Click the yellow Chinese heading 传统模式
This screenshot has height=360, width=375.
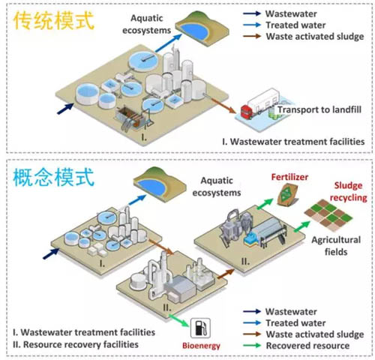tap(54, 21)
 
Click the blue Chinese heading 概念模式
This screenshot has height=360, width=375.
tap(54, 177)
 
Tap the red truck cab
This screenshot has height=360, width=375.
tap(246, 112)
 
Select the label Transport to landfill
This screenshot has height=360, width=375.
tap(319, 109)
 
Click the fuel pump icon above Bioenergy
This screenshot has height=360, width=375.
tap(200, 328)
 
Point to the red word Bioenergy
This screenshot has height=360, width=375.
tap(201, 346)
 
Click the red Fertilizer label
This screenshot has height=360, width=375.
tap(289, 177)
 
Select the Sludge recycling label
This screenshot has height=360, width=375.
tap(349, 191)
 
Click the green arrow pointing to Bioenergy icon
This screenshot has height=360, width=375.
tap(179, 320)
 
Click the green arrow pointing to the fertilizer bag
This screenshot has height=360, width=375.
tap(265, 203)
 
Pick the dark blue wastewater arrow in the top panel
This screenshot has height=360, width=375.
tap(65, 109)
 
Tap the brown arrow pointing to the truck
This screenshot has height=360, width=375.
tap(223, 106)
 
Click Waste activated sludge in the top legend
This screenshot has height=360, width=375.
tap(315, 37)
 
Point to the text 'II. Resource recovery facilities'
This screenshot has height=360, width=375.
tap(76, 344)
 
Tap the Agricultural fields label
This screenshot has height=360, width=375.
tap(336, 246)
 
